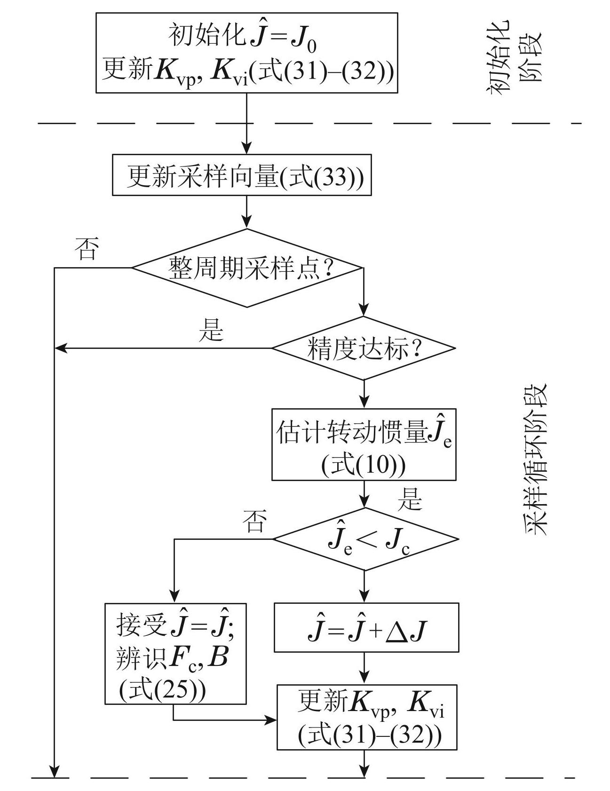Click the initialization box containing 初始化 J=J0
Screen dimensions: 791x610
point(246,53)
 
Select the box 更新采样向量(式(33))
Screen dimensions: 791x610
point(242,175)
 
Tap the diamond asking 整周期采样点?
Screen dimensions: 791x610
point(247,268)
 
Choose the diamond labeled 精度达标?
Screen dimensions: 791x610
point(364,348)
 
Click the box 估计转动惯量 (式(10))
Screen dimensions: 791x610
point(364,444)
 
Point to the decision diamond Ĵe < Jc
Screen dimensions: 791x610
point(366,539)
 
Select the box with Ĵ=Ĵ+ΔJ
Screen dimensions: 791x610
point(366,628)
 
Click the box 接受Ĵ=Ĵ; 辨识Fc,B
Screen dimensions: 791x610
point(175,654)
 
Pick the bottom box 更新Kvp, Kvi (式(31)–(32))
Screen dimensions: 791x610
point(367,717)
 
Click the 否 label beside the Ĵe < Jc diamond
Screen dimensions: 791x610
point(254,521)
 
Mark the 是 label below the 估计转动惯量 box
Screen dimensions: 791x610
point(410,499)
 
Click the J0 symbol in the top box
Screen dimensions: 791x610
point(304,40)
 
